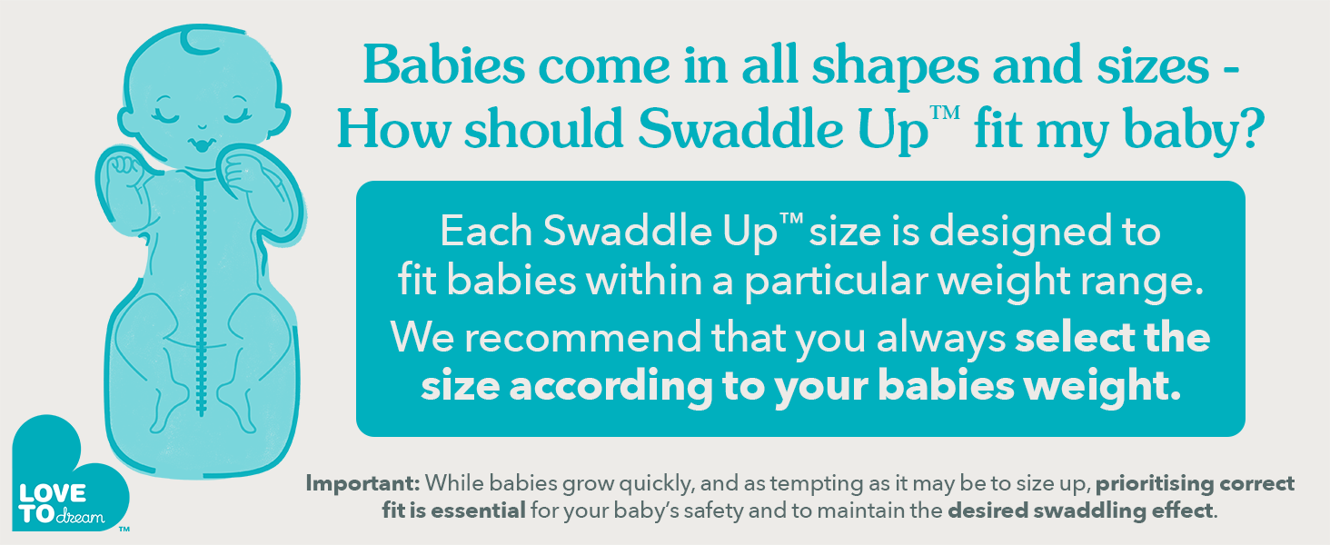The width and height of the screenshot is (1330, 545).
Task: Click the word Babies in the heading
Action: (x=445, y=64)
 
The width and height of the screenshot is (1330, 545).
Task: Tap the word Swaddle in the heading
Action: (x=740, y=128)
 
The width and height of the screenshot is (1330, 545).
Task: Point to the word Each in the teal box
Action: (x=486, y=231)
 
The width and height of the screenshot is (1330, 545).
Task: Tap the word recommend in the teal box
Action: (x=582, y=337)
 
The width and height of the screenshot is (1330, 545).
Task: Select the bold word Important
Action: (x=362, y=484)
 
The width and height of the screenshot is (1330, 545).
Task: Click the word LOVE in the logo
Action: (x=53, y=493)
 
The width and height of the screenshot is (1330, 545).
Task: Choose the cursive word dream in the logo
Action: (x=80, y=517)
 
